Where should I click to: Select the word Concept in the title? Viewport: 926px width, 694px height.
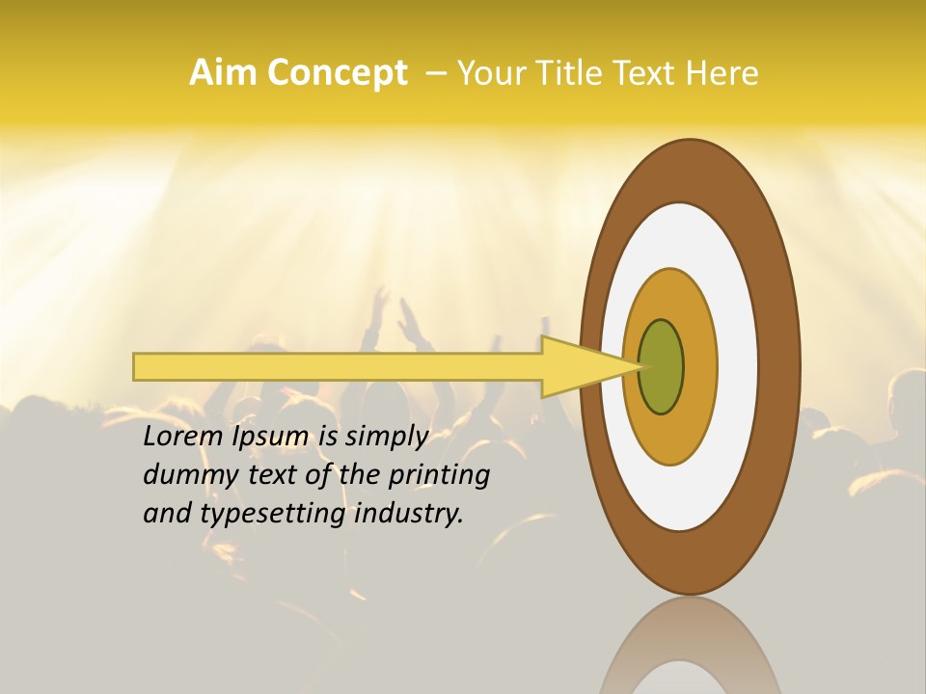[337, 73]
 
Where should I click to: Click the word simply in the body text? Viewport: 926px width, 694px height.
[386, 437]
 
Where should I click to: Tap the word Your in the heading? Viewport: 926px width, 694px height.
[488, 73]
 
